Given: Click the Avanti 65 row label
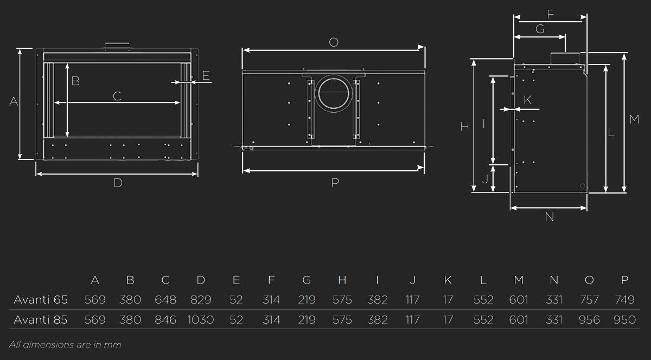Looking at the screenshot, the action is (x=41, y=300).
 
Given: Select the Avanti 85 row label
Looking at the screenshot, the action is (x=41, y=320).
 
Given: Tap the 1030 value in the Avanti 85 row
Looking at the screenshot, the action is (x=201, y=320).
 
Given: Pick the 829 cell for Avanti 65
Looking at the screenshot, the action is (x=201, y=300).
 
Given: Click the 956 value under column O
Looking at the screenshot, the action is (x=589, y=320).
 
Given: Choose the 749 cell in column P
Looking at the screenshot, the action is (x=624, y=300).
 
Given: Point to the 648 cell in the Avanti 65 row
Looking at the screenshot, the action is (x=165, y=300).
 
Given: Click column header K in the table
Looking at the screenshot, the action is (x=448, y=280).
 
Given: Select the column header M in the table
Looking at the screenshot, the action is (x=519, y=280).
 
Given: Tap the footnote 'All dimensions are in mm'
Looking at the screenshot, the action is (x=65, y=345).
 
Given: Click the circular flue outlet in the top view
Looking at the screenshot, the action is (x=334, y=93).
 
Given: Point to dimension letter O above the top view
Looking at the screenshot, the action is (x=334, y=42).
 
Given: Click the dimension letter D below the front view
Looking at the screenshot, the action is (x=118, y=183).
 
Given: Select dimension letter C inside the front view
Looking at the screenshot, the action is (x=117, y=96).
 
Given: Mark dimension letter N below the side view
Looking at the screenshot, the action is (x=549, y=217).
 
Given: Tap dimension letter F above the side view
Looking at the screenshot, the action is (x=551, y=14).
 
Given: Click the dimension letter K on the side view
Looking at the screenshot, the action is (x=528, y=100).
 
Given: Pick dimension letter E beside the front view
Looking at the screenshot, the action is (x=206, y=75).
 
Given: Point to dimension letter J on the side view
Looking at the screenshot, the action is (x=485, y=179).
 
